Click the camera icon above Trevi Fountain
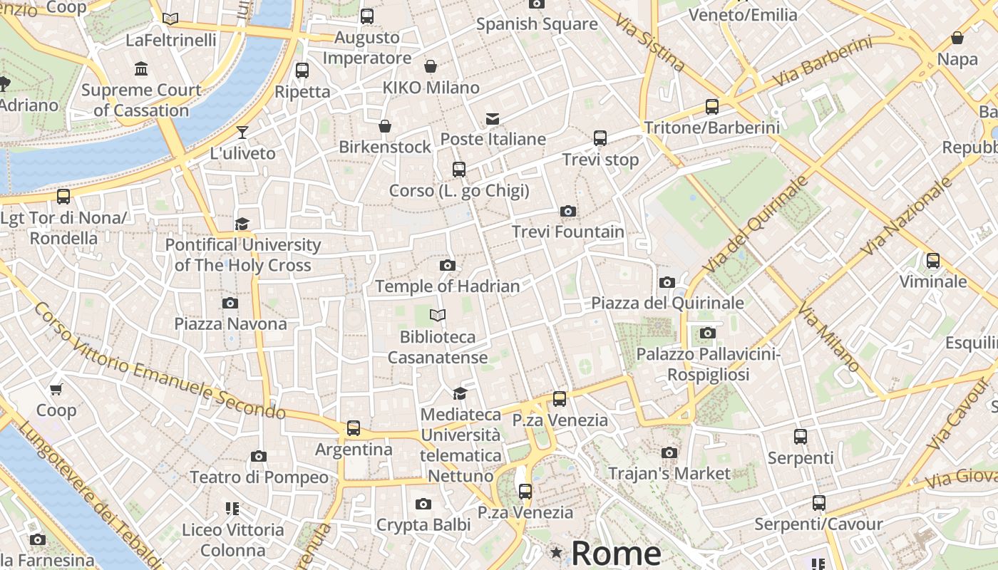tap(568, 211)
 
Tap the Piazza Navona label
tap(230, 323)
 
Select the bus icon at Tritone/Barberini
tap(711, 107)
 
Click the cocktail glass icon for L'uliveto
tap(242, 132)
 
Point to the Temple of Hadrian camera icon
tap(448, 265)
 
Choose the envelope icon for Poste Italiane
tap(493, 118)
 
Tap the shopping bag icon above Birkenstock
tap(385, 126)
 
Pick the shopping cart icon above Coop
tap(56, 389)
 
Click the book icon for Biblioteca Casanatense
tap(438, 315)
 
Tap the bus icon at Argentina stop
tap(354, 428)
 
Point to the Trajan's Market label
tap(669, 473)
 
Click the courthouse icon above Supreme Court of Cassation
tap(141, 69)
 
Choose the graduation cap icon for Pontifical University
tap(242, 224)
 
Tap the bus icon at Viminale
tap(932, 261)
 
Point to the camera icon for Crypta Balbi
tap(423, 504)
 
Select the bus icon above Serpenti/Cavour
tap(818, 503)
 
